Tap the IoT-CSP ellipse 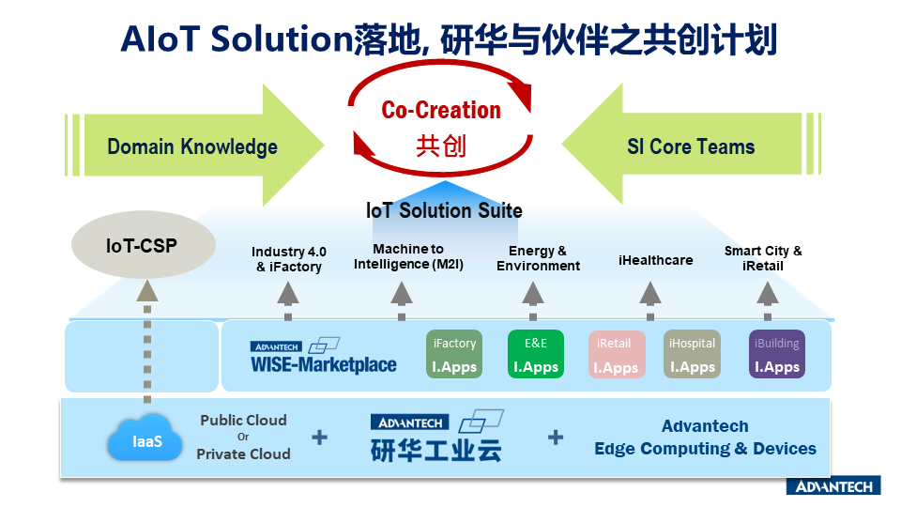(x=140, y=246)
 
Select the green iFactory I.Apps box (x=454, y=355)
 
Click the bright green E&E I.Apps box (x=536, y=355)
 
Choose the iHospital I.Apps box (x=693, y=355)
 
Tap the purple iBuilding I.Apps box (x=777, y=355)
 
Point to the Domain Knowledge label (x=192, y=146)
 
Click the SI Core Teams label (x=691, y=146)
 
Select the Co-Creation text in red (x=441, y=110)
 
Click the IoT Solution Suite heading (x=444, y=210)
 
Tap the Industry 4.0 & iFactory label (x=289, y=259)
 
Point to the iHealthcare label (x=656, y=260)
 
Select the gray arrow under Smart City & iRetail (x=768, y=294)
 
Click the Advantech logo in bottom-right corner (x=832, y=486)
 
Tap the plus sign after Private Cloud (x=320, y=437)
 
